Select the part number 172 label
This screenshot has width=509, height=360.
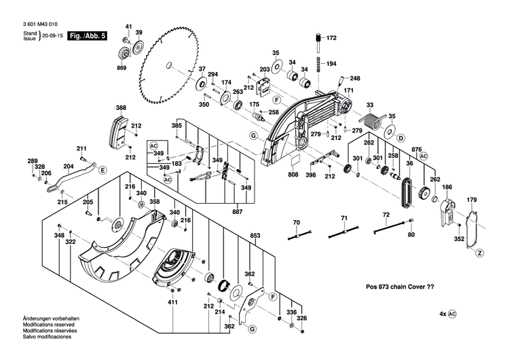click(x=331, y=38)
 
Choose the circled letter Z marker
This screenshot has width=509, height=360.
click(x=479, y=253)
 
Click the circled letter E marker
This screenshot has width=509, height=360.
click(x=103, y=170)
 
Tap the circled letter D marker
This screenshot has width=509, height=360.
click(x=400, y=138)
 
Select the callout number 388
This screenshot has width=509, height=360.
click(x=121, y=108)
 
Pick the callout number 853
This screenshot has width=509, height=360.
click(x=255, y=236)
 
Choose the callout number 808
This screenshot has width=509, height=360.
click(x=293, y=175)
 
